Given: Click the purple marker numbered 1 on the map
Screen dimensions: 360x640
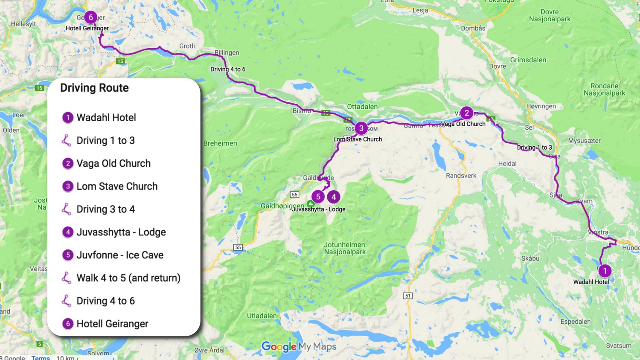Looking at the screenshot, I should click(605, 271).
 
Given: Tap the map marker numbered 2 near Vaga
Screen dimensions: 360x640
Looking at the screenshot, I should click(466, 113).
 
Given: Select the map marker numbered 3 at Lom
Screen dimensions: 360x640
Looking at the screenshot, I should click(361, 128).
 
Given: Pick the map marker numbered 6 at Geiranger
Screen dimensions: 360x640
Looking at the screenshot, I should click(90, 17).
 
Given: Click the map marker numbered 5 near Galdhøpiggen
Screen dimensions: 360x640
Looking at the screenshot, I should click(318, 197).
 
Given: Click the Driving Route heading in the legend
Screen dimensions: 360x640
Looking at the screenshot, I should click(94, 88).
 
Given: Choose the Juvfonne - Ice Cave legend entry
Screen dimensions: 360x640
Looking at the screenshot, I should click(119, 255).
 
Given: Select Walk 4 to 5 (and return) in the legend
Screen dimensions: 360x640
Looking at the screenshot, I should click(128, 278).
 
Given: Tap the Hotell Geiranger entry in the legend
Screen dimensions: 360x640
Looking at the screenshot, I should click(112, 324).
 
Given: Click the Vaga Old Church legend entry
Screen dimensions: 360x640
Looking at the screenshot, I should click(113, 163).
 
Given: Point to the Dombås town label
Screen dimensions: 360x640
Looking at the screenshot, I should click(473, 28).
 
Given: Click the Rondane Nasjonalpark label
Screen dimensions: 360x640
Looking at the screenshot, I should click(604, 90).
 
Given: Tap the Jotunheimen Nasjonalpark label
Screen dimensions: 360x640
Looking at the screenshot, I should click(345, 248).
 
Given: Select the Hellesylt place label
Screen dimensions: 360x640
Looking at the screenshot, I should click(23, 24).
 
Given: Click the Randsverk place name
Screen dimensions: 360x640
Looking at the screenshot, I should click(461, 176).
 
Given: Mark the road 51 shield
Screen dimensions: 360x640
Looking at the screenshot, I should click(408, 296).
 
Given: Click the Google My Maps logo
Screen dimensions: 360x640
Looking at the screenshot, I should click(299, 346).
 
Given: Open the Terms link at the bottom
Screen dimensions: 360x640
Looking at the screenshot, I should click(41, 357).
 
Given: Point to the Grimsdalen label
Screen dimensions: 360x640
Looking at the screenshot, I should click(528, 60).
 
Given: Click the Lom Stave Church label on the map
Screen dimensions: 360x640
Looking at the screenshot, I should click(358, 139).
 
